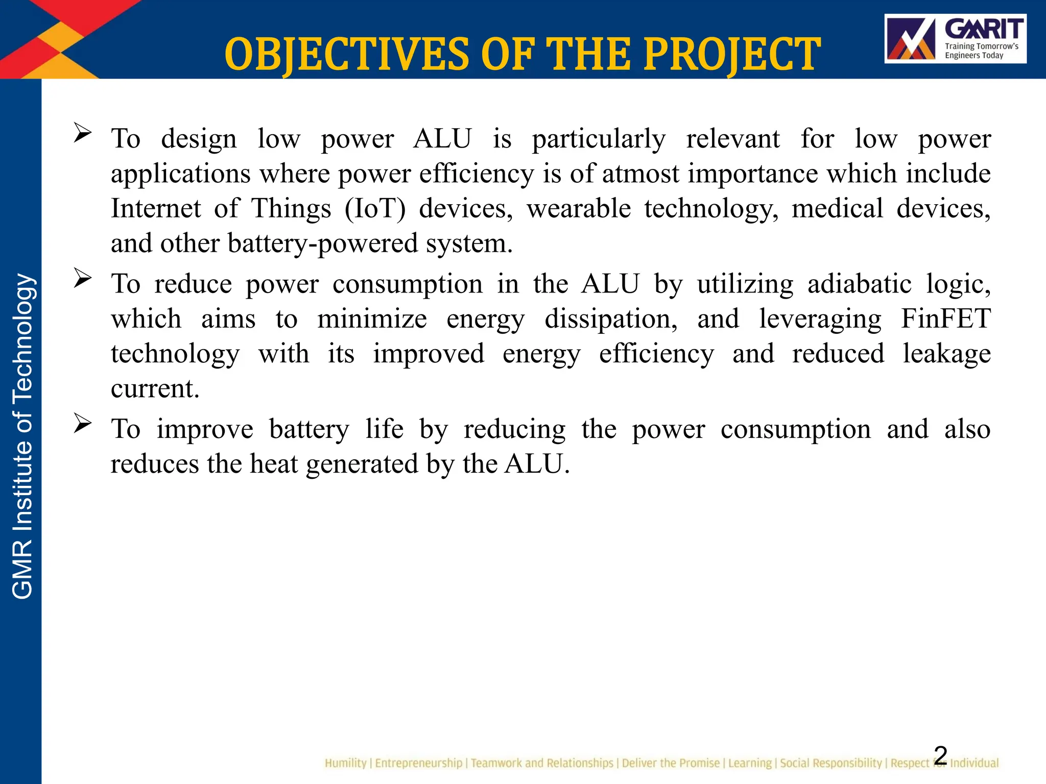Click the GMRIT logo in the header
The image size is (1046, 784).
[955, 39]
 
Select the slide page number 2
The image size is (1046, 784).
[940, 755]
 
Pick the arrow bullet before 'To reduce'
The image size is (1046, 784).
[82, 278]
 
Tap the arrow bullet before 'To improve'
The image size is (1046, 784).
[82, 423]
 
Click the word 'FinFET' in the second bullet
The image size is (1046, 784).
[945, 318]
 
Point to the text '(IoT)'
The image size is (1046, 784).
[375, 208]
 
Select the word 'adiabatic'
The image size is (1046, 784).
[859, 284]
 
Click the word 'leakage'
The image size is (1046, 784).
[946, 354]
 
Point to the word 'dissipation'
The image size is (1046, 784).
[610, 318]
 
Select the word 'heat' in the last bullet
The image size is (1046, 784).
[273, 464]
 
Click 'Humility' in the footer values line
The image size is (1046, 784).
[345, 763]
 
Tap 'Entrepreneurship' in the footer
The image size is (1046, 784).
[419, 763]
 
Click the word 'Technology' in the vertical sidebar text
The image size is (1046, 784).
[22, 338]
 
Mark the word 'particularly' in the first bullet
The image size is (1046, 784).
[599, 139]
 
